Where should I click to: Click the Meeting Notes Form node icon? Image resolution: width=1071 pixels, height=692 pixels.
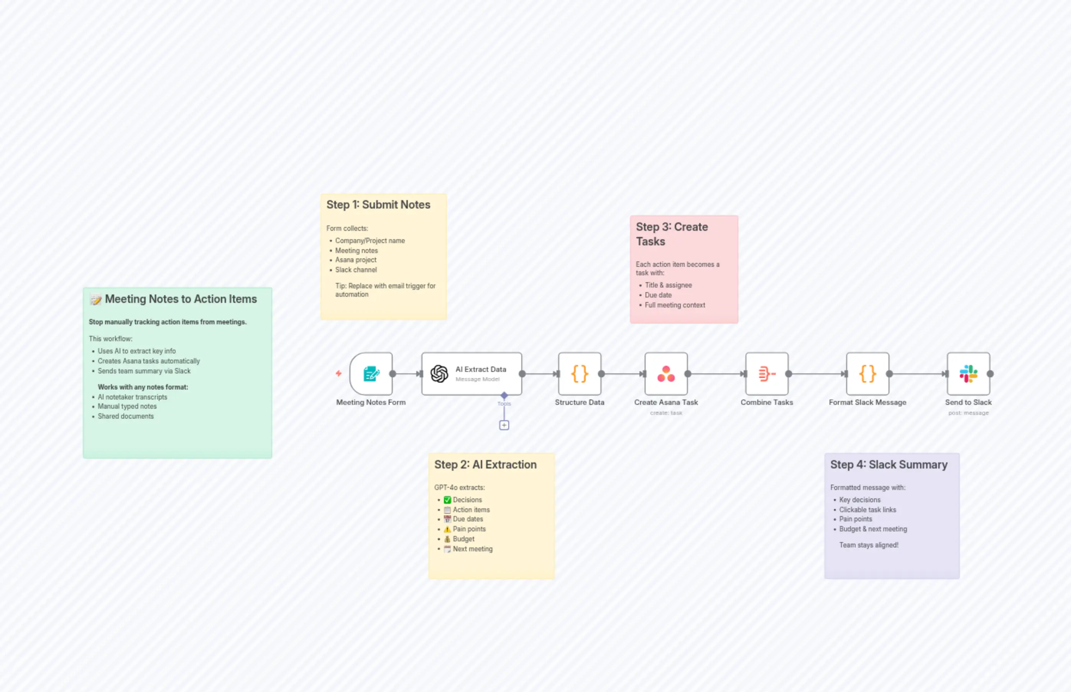point(371,374)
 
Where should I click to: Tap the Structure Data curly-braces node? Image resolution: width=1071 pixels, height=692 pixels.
point(580,374)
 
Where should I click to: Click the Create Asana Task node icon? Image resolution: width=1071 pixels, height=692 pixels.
point(666,374)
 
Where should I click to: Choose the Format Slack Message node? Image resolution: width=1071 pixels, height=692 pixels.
point(867,374)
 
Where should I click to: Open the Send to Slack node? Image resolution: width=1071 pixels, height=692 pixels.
point(968,374)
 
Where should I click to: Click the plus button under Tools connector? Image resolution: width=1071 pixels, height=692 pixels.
point(504,425)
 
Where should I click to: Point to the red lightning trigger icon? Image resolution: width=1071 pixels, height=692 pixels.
point(339,373)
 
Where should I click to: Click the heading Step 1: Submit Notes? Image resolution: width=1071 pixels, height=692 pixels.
point(378,205)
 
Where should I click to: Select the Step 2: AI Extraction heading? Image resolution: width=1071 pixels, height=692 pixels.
point(485,465)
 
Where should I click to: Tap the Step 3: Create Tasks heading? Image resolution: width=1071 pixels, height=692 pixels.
point(672,234)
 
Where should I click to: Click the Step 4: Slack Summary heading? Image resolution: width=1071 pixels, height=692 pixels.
point(889,465)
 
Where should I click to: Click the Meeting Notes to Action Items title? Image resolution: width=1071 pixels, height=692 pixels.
point(181,299)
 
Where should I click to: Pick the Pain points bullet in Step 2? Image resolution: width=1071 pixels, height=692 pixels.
point(469,529)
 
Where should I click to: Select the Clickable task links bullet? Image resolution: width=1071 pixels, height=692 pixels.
point(867,510)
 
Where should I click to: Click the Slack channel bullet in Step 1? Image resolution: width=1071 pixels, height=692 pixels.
point(356,270)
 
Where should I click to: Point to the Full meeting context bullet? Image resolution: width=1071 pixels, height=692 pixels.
point(675,305)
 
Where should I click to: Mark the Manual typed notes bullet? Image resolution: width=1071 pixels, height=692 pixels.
point(127,407)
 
